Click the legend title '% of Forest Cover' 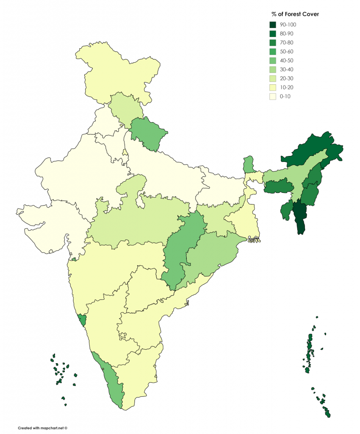[x=295, y=14]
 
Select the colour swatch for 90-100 [x=274, y=25]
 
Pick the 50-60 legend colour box [x=274, y=51]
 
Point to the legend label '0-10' [x=285, y=96]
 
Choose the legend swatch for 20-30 [x=274, y=78]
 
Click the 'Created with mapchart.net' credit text [x=42, y=428]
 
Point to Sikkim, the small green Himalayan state [x=249, y=164]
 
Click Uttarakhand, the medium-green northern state [x=149, y=132]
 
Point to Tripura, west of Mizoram [x=286, y=210]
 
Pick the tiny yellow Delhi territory [x=125, y=152]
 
